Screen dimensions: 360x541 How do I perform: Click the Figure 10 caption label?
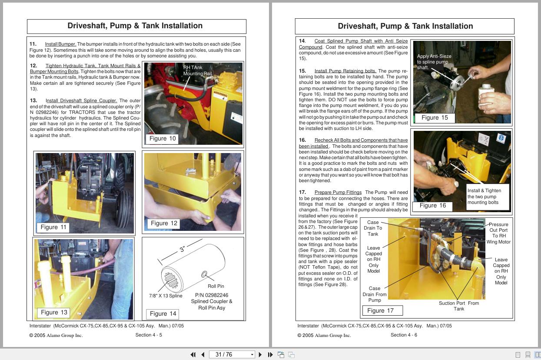[163, 139]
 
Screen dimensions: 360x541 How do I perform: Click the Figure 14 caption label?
[163, 313]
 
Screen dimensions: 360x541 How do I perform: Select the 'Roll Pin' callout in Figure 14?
[216, 286]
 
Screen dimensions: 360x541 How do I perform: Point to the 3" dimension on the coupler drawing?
[183, 250]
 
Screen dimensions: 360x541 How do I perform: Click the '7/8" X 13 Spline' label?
[166, 296]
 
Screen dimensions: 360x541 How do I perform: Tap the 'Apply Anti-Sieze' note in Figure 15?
[434, 62]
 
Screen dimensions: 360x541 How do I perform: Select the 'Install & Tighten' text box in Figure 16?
[486, 197]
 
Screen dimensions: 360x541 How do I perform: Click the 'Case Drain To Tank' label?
[373, 228]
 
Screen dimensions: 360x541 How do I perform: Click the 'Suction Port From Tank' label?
[458, 306]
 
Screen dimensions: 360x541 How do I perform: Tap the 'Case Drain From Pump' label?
[374, 294]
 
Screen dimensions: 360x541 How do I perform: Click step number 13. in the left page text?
[33, 100]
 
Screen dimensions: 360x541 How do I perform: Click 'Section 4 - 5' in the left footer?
[149, 335]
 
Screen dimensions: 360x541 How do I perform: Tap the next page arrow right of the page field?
[260, 355]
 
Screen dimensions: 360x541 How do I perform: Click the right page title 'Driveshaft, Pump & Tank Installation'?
[405, 26]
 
